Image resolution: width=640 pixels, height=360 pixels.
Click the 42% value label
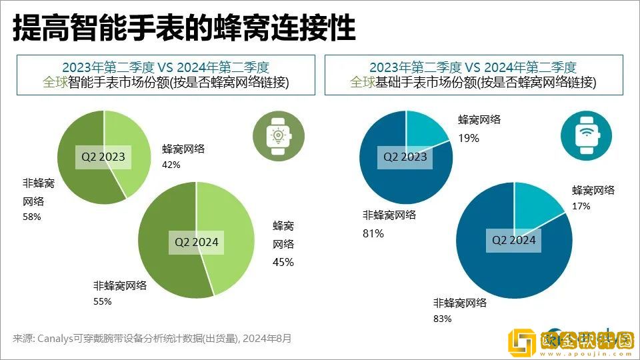coord(171,165)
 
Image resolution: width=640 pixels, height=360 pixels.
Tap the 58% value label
coord(32,217)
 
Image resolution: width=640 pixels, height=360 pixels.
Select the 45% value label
coord(283,262)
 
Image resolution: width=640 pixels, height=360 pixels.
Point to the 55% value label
coord(102,301)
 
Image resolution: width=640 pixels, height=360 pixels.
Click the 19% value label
coord(468,138)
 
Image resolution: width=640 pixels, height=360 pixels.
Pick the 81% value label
coord(373,233)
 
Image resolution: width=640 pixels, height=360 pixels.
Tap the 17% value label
coord(581,206)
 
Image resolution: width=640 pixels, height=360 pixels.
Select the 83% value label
coord(443,319)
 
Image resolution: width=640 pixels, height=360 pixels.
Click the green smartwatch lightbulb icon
coord(275,135)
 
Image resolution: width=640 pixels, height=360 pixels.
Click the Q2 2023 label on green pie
coord(103,157)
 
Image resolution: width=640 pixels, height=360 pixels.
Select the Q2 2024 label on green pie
coord(197,242)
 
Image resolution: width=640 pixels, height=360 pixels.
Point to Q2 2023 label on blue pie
coord(405,157)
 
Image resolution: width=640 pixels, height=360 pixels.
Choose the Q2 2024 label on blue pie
coord(513,240)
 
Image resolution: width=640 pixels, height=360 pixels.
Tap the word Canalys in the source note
coord(62,338)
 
